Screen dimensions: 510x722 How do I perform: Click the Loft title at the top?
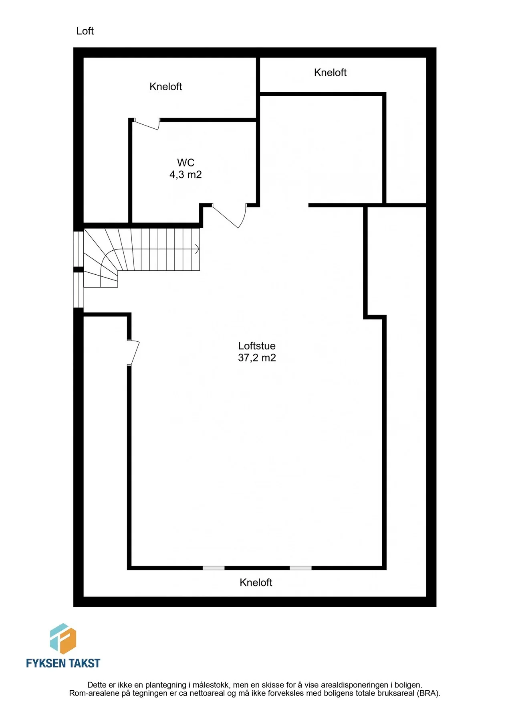85,31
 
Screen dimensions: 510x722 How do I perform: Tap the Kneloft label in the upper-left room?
166,87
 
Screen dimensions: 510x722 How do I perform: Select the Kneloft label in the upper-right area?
330,73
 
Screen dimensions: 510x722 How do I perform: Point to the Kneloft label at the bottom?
256,582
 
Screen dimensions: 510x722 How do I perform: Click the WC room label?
186,162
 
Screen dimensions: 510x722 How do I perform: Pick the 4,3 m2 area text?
185,174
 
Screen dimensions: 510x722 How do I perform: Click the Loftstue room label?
257,346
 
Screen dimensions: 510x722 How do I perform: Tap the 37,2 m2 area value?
257,358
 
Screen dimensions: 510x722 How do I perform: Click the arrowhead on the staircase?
198,249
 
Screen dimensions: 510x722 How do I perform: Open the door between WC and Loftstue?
231,215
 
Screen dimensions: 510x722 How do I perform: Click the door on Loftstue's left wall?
133,353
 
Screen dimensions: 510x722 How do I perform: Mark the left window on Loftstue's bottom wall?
214,568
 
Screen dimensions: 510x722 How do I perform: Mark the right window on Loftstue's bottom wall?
300,568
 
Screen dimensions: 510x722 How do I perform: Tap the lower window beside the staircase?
79,290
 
